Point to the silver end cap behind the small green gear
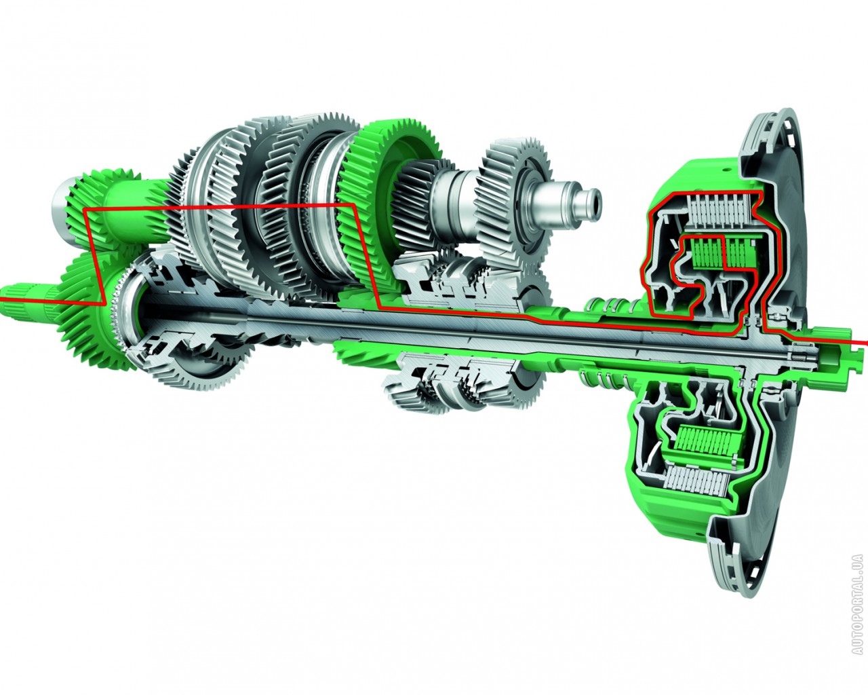[x=62, y=210]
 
